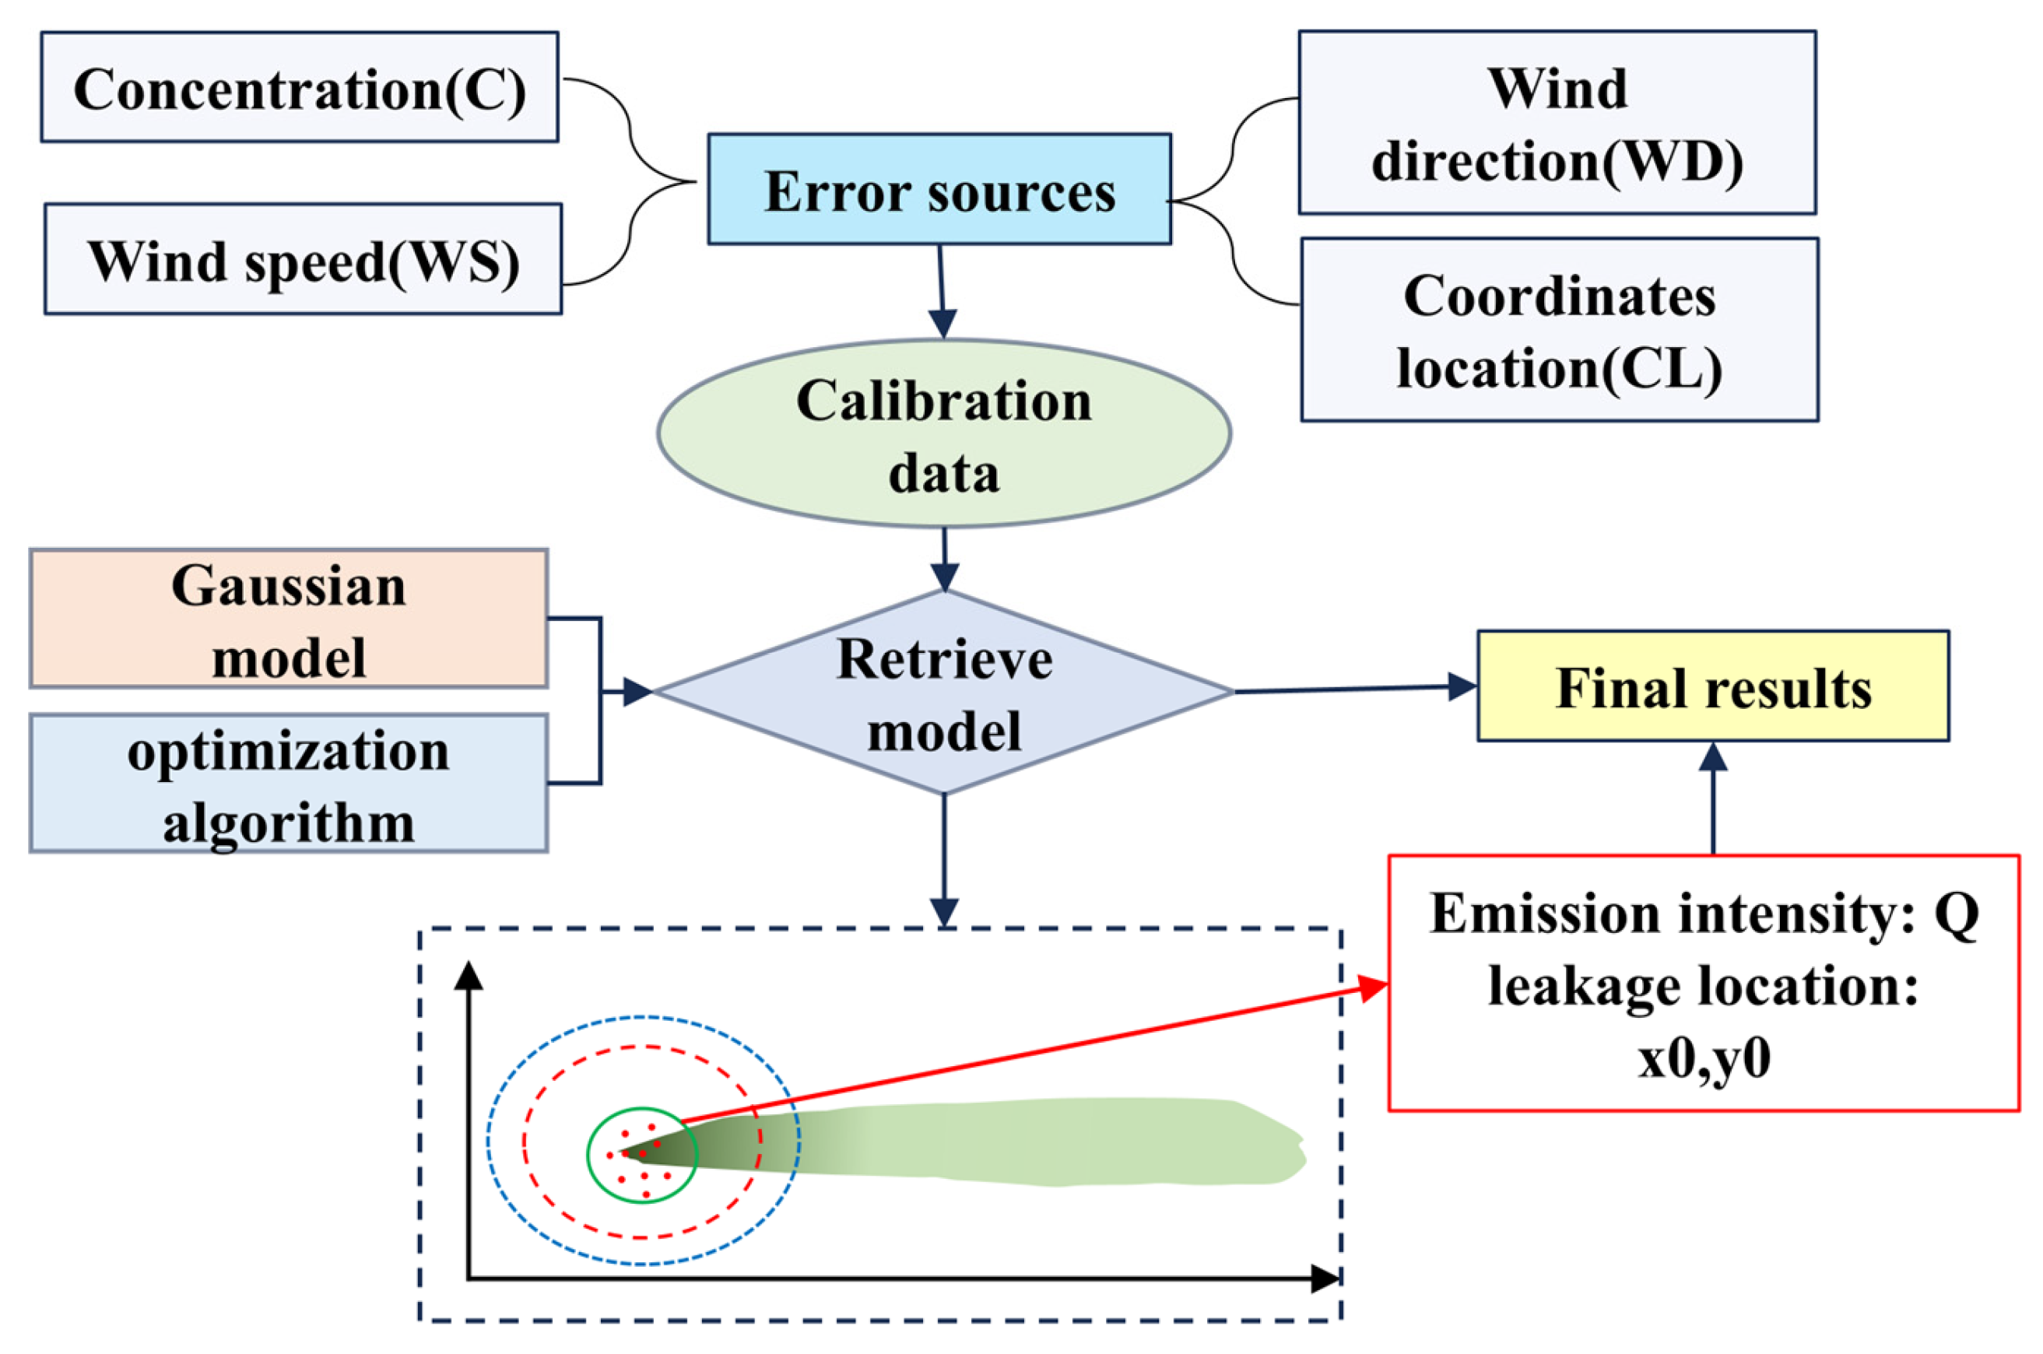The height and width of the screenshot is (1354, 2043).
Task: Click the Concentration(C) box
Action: (299, 87)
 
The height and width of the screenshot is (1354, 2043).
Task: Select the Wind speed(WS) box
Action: (302, 259)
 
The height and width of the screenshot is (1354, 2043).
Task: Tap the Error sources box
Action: (939, 189)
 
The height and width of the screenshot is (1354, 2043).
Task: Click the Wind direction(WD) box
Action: (1556, 123)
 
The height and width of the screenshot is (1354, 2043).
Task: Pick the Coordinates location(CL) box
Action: (1559, 330)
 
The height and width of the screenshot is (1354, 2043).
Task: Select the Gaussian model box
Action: (289, 619)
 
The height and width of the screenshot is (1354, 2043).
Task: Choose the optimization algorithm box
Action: (289, 783)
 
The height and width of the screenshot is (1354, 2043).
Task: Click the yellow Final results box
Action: (1712, 686)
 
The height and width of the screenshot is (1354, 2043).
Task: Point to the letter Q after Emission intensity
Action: (1955, 914)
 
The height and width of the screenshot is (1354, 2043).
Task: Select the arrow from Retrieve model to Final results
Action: (1356, 689)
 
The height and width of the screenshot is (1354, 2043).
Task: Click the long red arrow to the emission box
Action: (1036, 1055)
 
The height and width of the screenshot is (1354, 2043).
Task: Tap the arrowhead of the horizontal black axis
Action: (1325, 1279)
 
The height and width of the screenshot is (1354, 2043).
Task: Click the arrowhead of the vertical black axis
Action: (468, 976)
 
